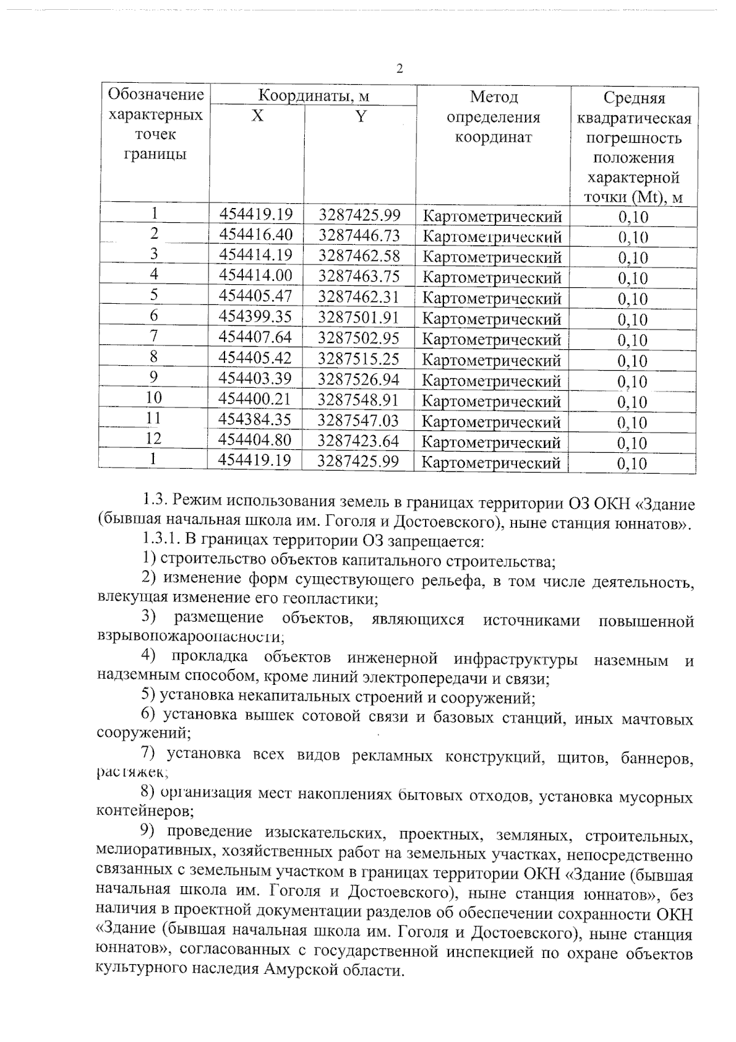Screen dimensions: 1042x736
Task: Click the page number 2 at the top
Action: point(400,68)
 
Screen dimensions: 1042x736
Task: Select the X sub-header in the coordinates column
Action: point(258,116)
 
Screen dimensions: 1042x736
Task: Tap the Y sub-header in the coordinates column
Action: point(361,116)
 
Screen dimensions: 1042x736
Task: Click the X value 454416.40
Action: point(256,234)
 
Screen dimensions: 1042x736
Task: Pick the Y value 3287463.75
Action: point(359,276)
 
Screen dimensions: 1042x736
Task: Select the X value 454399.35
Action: point(255,317)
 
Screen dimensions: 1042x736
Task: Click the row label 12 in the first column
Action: point(153,439)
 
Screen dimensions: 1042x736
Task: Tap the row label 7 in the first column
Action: point(153,336)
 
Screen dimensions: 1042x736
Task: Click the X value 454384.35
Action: point(255,420)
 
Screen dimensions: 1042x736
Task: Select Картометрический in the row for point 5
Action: point(493,299)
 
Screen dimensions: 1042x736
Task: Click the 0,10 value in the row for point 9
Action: point(632,382)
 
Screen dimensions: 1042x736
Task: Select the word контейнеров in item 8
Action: point(143,812)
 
